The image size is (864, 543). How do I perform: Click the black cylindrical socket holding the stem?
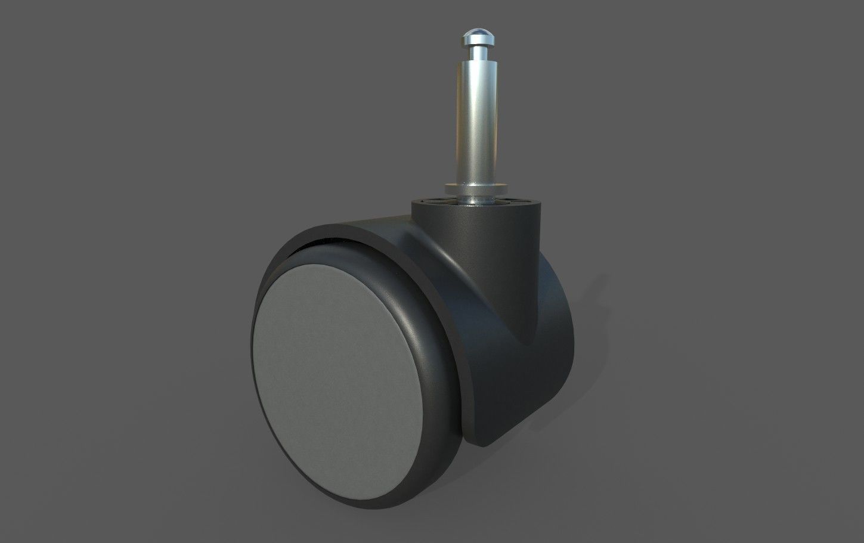[x=477, y=238]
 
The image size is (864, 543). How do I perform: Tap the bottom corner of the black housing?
[x=486, y=444]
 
